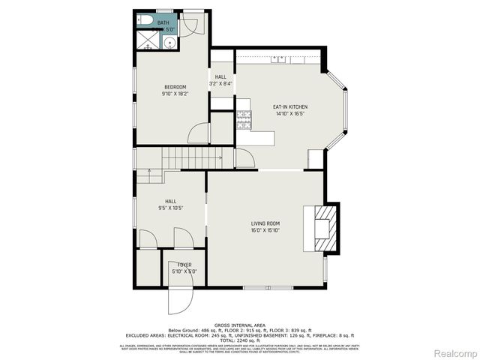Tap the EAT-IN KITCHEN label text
[x=289, y=107]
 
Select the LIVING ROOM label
[x=265, y=223]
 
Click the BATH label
[x=163, y=23]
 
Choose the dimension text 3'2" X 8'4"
[x=221, y=83]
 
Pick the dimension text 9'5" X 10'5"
[x=170, y=208]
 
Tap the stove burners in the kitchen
[x=243, y=119]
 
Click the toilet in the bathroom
[x=145, y=19]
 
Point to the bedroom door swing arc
[x=199, y=134]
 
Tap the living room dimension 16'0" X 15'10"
[x=265, y=230]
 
